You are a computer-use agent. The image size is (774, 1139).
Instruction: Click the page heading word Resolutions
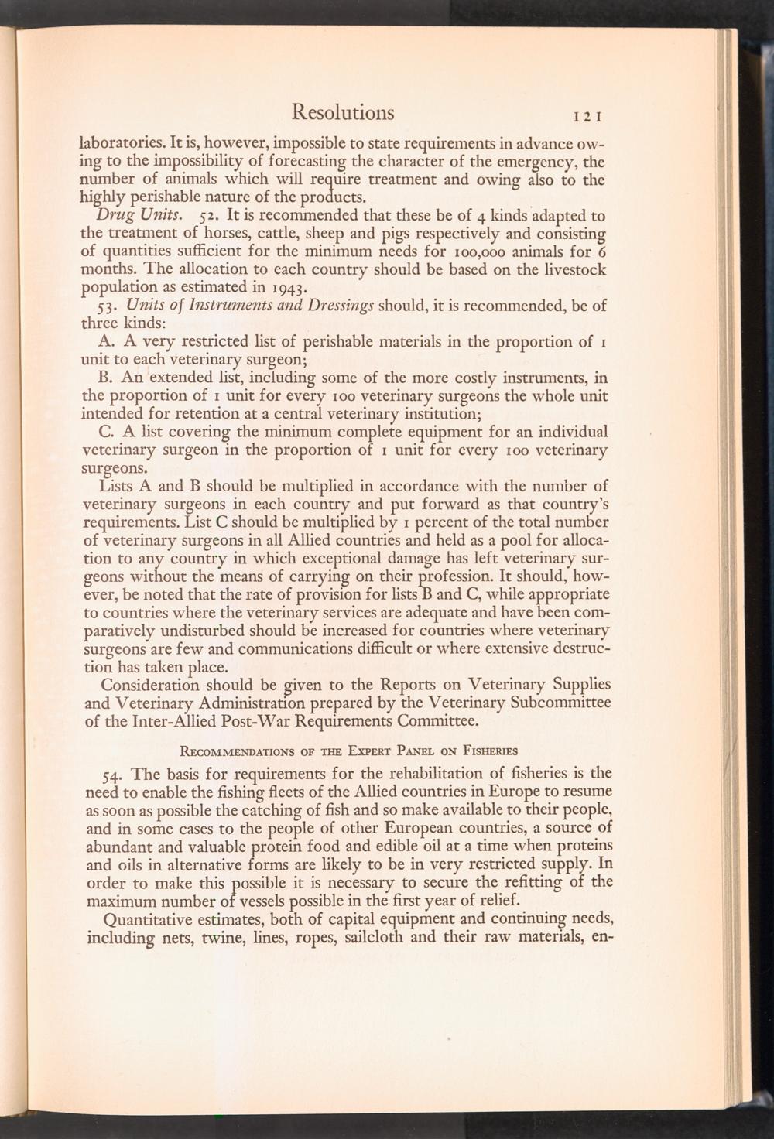tap(343, 113)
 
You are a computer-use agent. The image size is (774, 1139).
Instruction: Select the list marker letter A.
tap(107, 342)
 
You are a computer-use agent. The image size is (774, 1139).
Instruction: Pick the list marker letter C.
tap(107, 432)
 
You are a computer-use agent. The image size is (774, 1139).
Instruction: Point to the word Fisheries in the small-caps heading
tap(488, 751)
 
